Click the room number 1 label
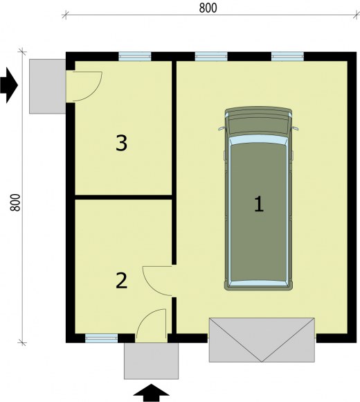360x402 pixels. tap(259, 204)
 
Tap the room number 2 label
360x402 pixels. tap(121, 281)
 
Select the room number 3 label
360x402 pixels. tap(121, 143)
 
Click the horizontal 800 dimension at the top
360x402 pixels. tap(208, 8)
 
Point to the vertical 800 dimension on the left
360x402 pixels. tap(15, 202)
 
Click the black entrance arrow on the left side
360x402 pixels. tap(9, 85)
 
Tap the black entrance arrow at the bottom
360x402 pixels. tap(152, 393)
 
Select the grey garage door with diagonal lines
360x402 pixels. tap(262, 340)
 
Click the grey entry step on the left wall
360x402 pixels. tap(48, 87)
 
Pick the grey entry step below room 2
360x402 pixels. tap(152, 361)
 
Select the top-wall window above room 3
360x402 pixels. tap(135, 56)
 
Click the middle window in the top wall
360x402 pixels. tap(211, 56)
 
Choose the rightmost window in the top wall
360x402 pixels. tap(287, 56)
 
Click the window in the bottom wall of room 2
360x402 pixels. tap(101, 338)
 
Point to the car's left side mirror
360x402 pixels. tap(222, 128)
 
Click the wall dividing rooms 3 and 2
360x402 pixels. tap(123, 197)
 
